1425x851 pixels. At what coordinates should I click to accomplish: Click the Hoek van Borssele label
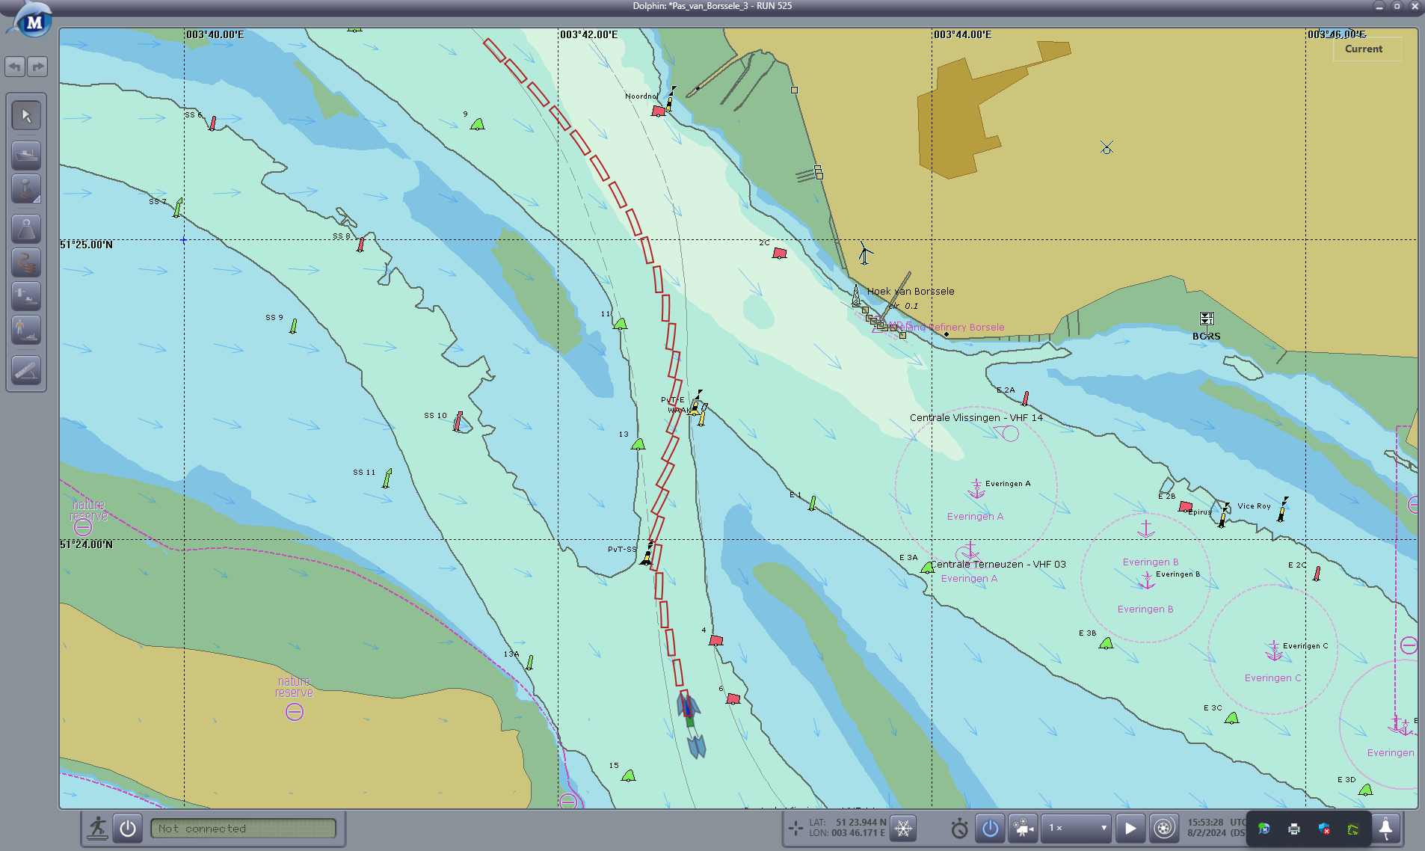click(910, 292)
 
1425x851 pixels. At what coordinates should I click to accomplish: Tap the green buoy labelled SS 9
click(293, 326)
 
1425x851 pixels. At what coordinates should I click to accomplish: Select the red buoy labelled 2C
click(779, 254)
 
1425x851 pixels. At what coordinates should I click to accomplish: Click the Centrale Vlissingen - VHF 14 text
click(976, 418)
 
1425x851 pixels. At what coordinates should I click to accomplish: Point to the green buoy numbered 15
click(629, 775)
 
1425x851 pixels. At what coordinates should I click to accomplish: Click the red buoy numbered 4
click(715, 640)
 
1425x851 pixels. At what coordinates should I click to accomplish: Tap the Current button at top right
click(1363, 49)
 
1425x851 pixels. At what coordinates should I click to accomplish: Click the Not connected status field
click(243, 829)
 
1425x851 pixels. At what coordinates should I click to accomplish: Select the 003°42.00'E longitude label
click(588, 35)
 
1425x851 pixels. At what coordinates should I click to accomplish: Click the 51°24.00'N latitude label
click(87, 544)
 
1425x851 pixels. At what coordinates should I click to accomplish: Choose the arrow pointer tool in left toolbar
click(26, 116)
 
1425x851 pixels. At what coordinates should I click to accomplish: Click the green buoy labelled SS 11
click(387, 478)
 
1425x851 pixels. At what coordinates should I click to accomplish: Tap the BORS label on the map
click(1206, 337)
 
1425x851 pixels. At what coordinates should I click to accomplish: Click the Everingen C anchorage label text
click(1272, 678)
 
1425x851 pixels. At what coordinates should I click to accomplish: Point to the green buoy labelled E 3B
click(1107, 643)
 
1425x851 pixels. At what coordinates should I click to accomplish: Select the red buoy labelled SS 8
click(361, 245)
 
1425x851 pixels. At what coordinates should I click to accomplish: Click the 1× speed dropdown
click(1077, 828)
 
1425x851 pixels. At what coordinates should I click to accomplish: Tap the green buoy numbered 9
click(478, 124)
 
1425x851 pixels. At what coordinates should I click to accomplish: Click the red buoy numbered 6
click(733, 699)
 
